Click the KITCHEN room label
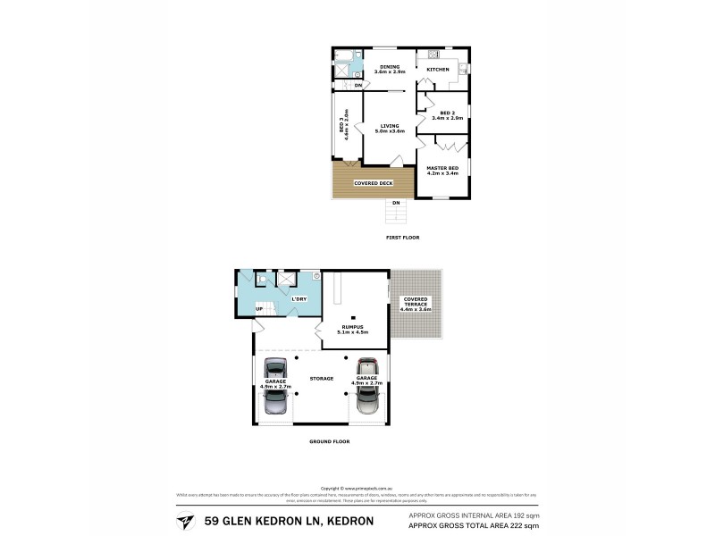coord(437,70)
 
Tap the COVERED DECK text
coord(374,183)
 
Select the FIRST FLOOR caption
coord(402,237)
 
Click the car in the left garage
coord(274,386)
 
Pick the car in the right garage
coord(367,385)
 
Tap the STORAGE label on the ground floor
coord(322,379)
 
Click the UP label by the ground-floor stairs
coord(260,308)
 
